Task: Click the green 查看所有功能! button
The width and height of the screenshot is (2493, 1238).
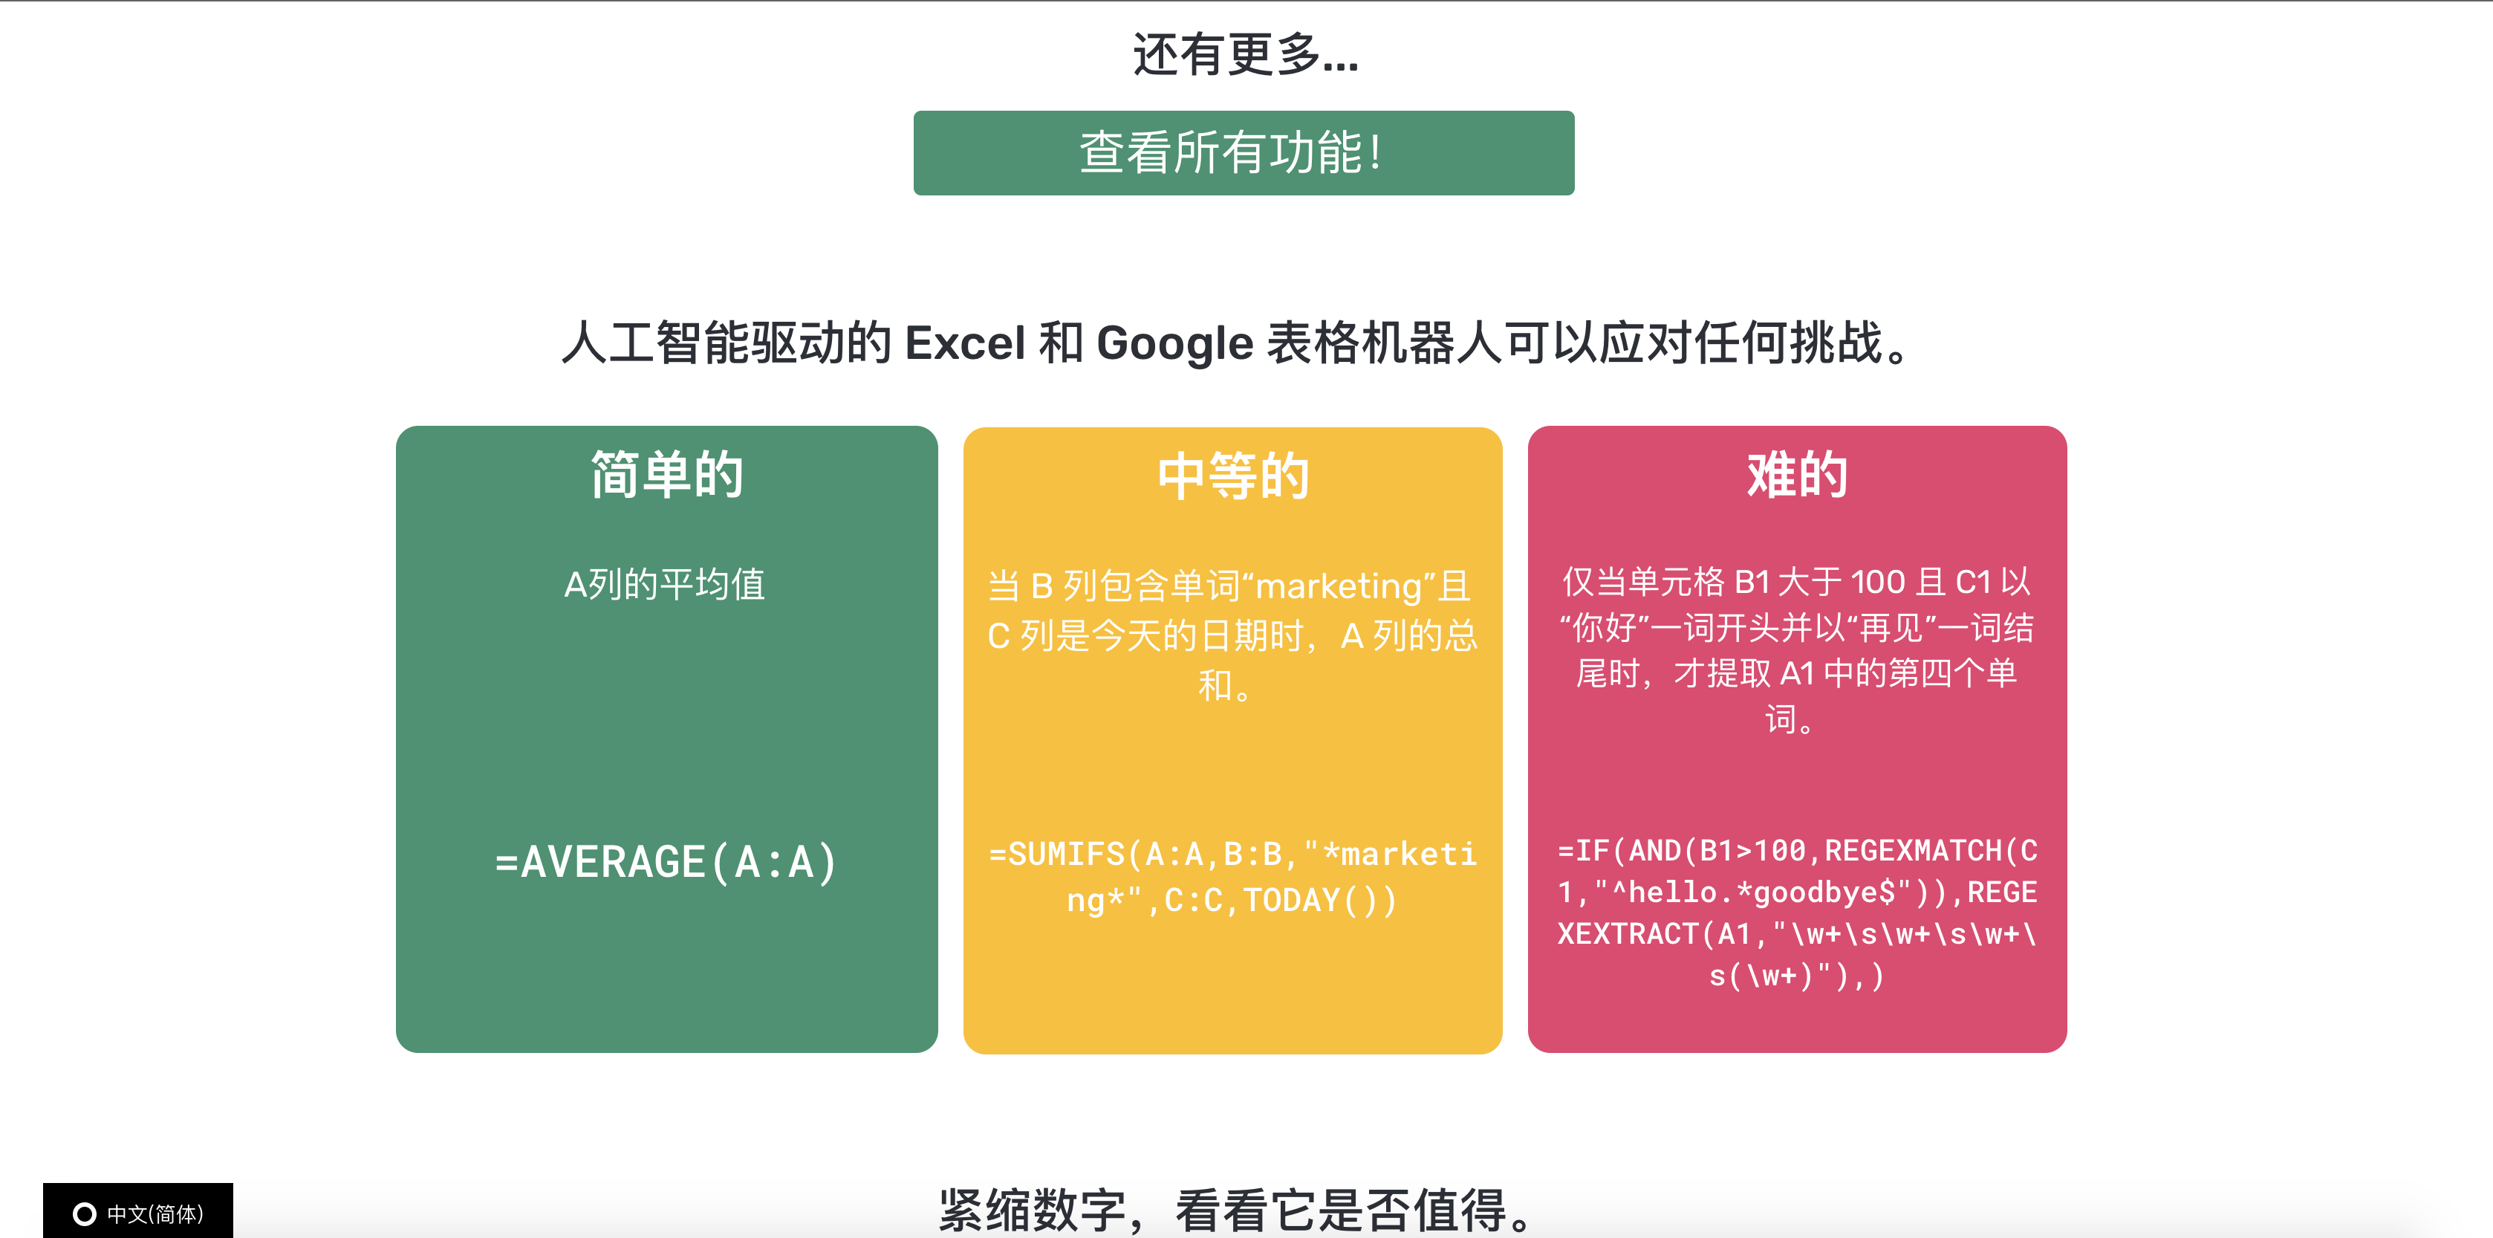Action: click(x=1244, y=153)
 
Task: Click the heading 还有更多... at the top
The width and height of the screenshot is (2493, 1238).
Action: click(x=1246, y=54)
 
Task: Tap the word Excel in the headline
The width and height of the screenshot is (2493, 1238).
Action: click(x=964, y=343)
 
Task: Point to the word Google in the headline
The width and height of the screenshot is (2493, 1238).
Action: click(x=1175, y=343)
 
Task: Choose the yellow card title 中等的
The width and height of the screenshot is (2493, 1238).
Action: click(x=1233, y=476)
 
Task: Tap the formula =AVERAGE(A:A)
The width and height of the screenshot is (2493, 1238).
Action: click(x=666, y=861)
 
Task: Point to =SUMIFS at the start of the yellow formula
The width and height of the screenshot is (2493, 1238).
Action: click(x=1057, y=854)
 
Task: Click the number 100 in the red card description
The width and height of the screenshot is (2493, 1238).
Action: click(x=1877, y=582)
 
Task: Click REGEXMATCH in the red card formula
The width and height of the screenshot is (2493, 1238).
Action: click(x=1914, y=851)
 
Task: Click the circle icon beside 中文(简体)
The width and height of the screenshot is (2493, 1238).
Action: click(x=85, y=1213)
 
